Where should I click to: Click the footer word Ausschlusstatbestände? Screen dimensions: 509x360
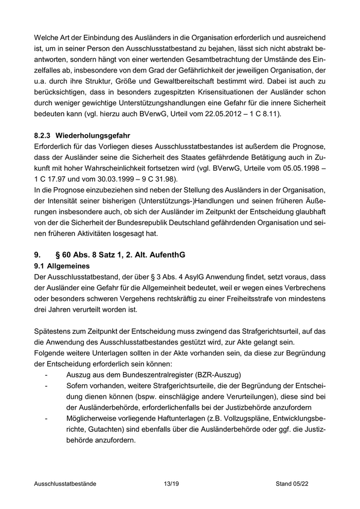point(65,484)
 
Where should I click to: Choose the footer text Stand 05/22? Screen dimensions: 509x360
point(292,484)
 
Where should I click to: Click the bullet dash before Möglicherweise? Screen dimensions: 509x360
point(47,419)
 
